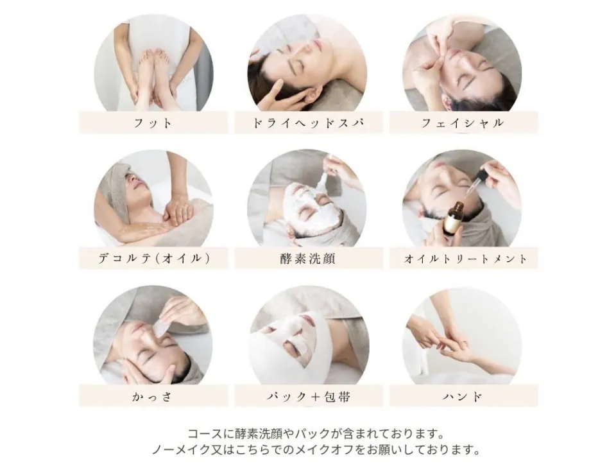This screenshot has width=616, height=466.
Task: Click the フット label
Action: click(x=153, y=123)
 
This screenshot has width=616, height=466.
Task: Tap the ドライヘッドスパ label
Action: click(x=309, y=123)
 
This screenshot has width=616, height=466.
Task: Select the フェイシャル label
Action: click(x=463, y=123)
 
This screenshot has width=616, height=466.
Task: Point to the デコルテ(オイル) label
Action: click(x=153, y=259)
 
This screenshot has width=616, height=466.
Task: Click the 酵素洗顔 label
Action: click(x=308, y=259)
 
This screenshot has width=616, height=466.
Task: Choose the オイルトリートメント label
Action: click(x=465, y=259)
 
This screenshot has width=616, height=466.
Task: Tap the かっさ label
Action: click(x=153, y=397)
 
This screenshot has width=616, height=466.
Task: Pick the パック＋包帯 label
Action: click(x=309, y=397)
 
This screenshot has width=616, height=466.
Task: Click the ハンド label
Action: click(x=463, y=397)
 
